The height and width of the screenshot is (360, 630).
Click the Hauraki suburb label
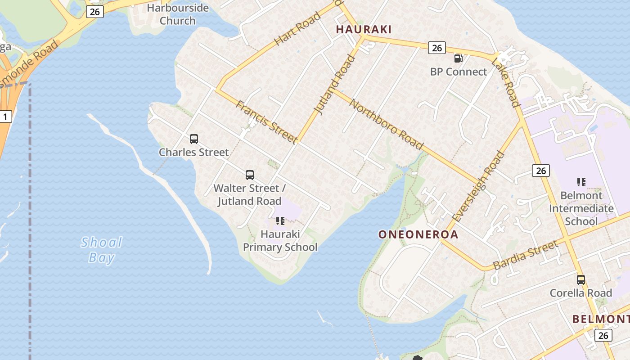pos(364,30)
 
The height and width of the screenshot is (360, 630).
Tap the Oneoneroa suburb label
pos(418,234)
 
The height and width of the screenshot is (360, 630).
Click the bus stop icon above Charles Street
pos(194,139)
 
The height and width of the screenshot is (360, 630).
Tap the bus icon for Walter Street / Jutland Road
pos(250,175)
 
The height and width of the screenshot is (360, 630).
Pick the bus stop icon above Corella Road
pos(581,280)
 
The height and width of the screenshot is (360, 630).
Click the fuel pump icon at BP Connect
pos(458,58)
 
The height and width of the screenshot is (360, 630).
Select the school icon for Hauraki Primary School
pos(280,221)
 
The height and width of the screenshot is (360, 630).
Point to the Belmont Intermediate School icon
pos(581,182)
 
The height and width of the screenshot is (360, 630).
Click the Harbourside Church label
pos(178,14)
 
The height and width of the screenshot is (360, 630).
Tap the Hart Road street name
pos(297,28)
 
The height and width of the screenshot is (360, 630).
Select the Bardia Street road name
pos(526,255)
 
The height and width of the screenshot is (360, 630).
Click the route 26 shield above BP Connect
pos(436,48)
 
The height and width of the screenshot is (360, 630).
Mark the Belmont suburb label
pos(601,319)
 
